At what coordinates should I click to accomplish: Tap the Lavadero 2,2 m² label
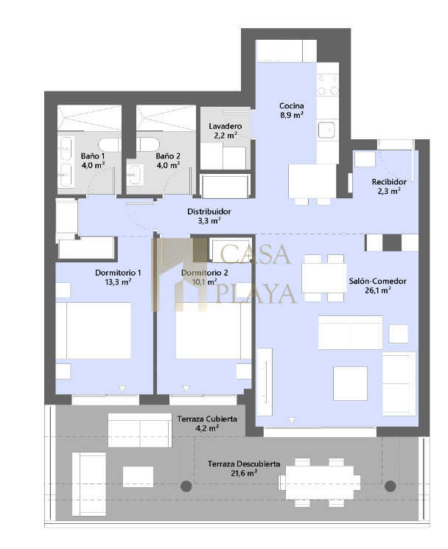point(225,130)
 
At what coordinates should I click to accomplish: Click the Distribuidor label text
point(209,211)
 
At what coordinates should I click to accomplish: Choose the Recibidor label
point(389,182)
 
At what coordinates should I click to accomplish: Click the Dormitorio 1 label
point(118,273)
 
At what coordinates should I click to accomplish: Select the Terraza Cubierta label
point(207,419)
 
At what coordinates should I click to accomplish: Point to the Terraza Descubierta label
point(244,464)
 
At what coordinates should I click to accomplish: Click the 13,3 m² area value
point(118,282)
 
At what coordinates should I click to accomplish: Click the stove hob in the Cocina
point(328,84)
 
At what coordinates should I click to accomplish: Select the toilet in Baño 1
point(110,145)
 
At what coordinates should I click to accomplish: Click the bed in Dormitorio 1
point(93,331)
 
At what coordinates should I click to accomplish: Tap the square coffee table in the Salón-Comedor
point(350,383)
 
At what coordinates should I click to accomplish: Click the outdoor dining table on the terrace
point(320,483)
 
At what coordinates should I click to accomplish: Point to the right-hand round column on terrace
point(391,486)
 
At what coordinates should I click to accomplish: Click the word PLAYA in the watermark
point(256,294)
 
